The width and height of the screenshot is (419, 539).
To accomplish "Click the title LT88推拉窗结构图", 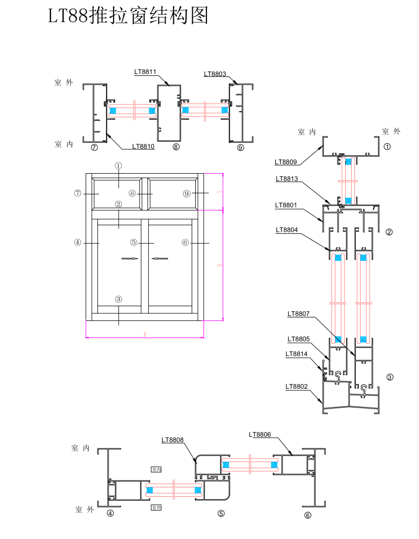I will click(128, 16).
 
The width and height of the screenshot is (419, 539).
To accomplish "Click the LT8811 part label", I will click(145, 72).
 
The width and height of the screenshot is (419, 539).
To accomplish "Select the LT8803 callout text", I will click(215, 74).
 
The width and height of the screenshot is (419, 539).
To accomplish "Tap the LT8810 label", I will click(143, 146).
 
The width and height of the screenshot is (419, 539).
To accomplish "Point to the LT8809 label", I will click(285, 162).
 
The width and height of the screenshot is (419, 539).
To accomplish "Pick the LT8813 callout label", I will click(286, 179).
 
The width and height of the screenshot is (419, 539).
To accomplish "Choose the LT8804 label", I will click(286, 230).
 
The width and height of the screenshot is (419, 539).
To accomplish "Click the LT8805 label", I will click(298, 339).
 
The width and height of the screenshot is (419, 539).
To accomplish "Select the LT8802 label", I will click(296, 386).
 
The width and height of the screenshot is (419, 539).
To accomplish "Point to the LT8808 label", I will click(173, 439).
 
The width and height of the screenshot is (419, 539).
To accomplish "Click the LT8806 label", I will click(260, 435).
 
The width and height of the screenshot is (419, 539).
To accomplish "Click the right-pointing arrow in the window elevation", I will click(130, 259).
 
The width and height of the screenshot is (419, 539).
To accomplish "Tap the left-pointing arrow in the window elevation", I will click(160, 259).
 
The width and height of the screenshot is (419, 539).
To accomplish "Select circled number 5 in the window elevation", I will click(134, 243).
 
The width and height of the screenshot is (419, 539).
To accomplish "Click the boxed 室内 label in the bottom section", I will click(156, 469).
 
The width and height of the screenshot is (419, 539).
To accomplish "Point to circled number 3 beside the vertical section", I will click(390, 378).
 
